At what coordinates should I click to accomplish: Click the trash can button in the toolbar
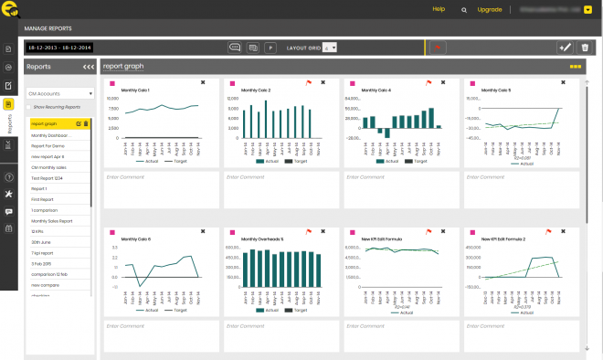click(585, 47)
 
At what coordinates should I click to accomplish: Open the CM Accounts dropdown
click(60, 93)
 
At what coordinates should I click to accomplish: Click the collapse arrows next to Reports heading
click(89, 67)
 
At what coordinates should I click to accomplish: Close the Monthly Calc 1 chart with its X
click(203, 82)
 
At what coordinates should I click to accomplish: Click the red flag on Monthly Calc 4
click(428, 82)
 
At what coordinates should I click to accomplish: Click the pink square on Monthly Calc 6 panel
click(110, 232)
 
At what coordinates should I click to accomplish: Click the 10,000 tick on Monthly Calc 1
click(114, 97)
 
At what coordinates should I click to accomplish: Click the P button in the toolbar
click(270, 47)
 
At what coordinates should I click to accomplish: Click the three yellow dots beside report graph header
click(575, 67)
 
